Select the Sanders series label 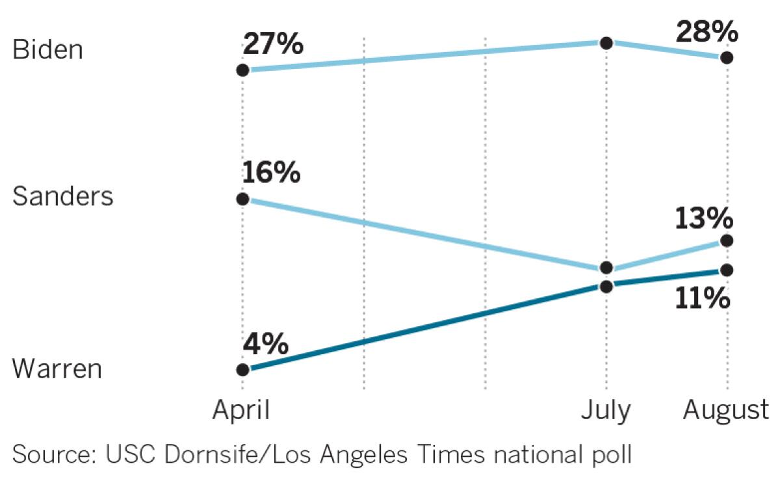[x=63, y=196]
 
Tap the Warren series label [x=57, y=369]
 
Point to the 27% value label [x=273, y=45]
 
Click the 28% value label [x=707, y=31]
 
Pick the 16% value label [x=271, y=173]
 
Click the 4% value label [x=265, y=344]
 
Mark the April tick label [x=242, y=411]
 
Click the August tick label [x=726, y=411]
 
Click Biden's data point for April [x=242, y=70]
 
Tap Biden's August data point [x=727, y=58]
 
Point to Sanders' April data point [x=242, y=199]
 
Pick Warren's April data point [x=242, y=370]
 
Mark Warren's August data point [x=727, y=270]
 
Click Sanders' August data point [x=727, y=240]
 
